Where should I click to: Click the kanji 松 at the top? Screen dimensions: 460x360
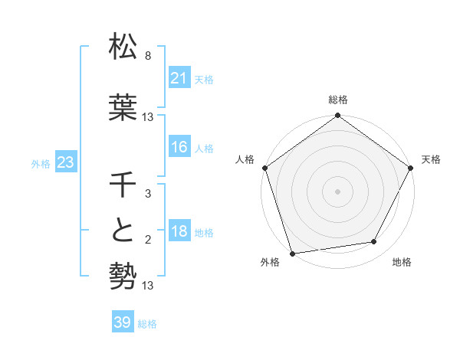(x=123, y=47)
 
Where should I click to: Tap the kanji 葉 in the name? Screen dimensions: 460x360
(x=123, y=107)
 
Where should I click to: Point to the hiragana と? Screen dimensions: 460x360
(x=123, y=231)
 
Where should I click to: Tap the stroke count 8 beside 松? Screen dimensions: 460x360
(x=148, y=56)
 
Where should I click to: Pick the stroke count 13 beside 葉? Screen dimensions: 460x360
(x=148, y=117)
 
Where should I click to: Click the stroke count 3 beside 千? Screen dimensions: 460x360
(x=148, y=195)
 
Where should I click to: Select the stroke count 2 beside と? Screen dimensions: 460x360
(x=148, y=241)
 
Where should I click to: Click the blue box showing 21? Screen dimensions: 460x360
(x=179, y=78)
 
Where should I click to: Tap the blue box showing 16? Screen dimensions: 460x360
(x=179, y=147)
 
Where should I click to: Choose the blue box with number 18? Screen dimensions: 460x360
(x=179, y=232)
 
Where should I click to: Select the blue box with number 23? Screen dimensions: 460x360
(x=65, y=162)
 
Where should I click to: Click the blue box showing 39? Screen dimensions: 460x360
(x=122, y=322)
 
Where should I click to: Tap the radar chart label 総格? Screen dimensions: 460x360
(x=338, y=100)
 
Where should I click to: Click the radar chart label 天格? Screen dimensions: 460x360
(x=431, y=159)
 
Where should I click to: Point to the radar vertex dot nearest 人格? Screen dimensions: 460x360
(x=265, y=168)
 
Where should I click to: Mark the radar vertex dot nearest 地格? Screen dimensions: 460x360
(x=374, y=242)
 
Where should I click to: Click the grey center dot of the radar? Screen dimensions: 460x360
(x=338, y=191)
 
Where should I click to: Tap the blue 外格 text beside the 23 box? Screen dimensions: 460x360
(x=41, y=163)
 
